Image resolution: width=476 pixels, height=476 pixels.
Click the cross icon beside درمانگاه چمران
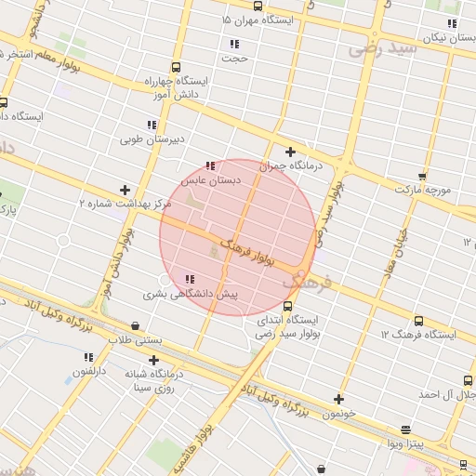point(290,152)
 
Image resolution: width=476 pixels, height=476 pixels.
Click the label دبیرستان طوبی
point(150,139)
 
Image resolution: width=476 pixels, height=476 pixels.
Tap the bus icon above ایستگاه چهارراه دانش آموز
point(176,67)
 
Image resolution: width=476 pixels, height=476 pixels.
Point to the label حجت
point(235,58)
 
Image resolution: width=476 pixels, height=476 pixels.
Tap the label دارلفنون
point(92,371)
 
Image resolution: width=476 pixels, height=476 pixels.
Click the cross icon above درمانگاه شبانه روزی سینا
point(153,360)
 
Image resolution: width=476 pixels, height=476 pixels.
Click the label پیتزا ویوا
point(405,443)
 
